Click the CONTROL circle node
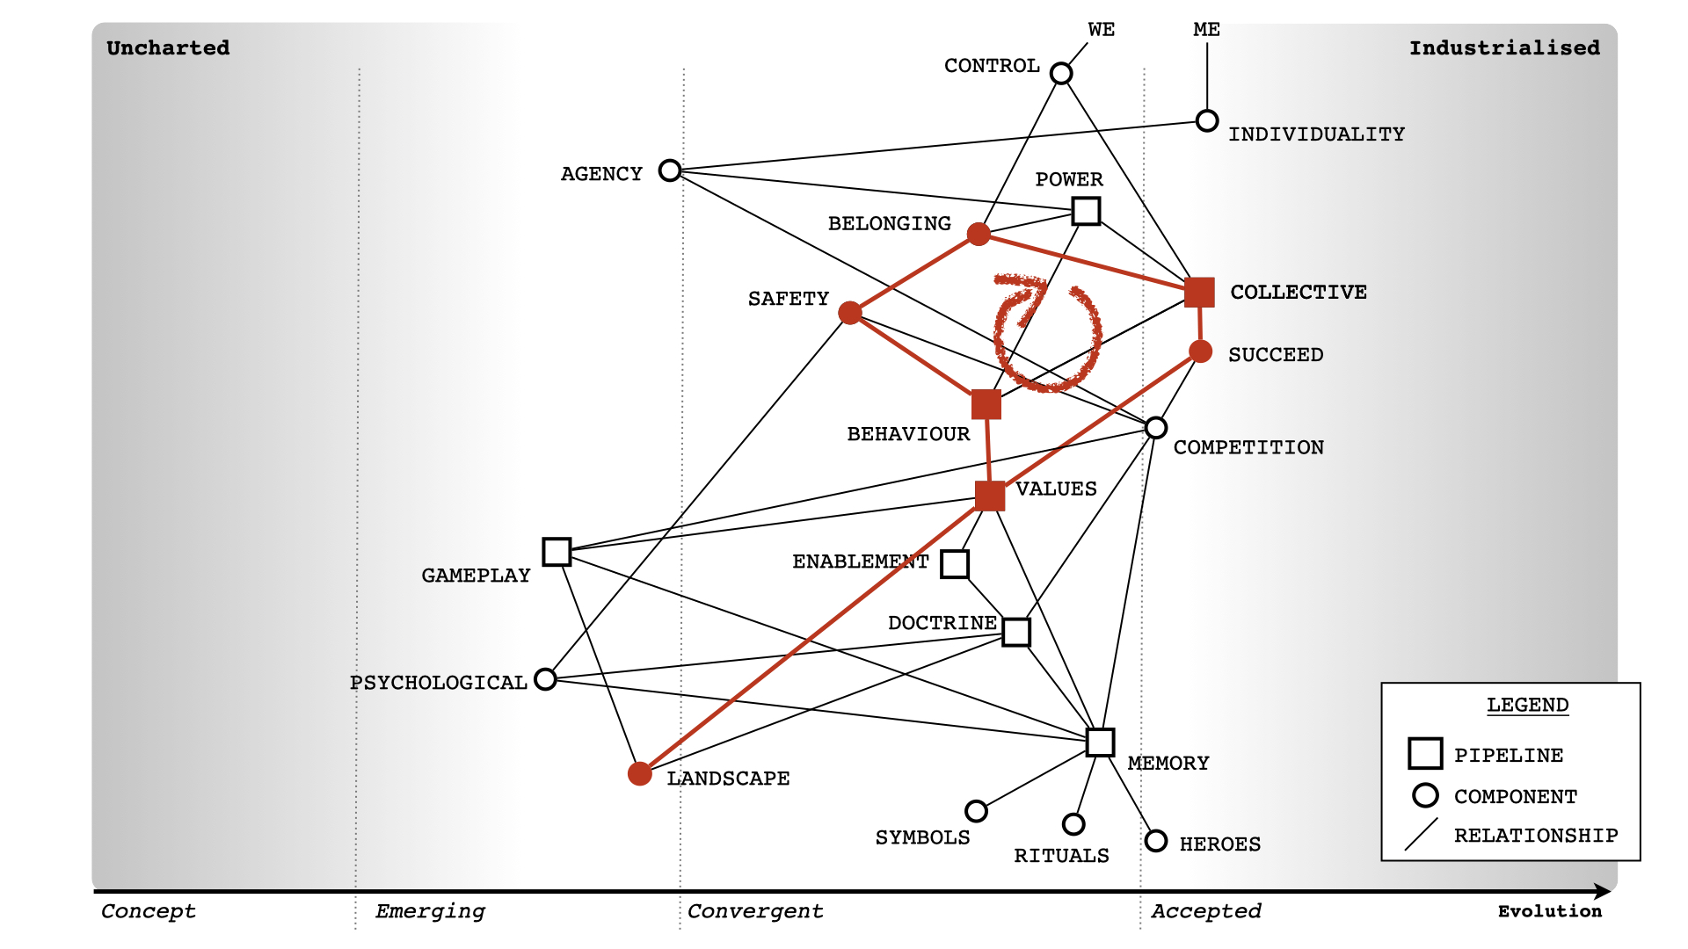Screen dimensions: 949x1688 (1061, 73)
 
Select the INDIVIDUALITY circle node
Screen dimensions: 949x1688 (1207, 120)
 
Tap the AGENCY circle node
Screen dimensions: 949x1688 (670, 170)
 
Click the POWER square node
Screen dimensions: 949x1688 (1086, 211)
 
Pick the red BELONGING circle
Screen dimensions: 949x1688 (979, 234)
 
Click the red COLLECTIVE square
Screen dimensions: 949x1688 (1199, 292)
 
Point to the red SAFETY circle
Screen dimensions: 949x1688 (850, 313)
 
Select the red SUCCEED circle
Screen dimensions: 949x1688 (1200, 351)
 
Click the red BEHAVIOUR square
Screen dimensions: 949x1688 (986, 405)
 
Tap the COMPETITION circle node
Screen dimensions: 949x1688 (1156, 428)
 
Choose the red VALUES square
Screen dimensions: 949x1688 (990, 496)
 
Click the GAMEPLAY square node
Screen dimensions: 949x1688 (557, 552)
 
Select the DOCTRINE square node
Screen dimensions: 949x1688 (1016, 632)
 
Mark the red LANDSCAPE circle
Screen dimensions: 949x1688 (640, 773)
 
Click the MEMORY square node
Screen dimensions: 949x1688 (1100, 743)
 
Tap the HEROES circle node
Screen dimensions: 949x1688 (1156, 841)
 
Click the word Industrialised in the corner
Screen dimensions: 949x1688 (1504, 48)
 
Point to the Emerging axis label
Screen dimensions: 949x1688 (430, 911)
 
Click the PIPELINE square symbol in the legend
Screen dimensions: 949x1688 (1425, 754)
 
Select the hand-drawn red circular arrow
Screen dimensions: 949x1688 (1047, 334)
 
